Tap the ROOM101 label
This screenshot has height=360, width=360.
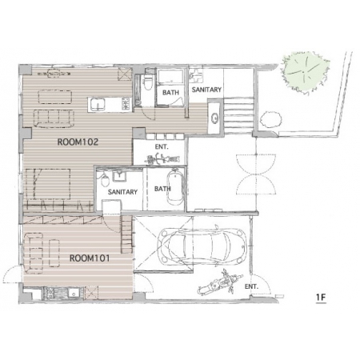click(90, 258)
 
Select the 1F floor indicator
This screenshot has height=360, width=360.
click(321, 297)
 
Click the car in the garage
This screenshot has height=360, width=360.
click(202, 246)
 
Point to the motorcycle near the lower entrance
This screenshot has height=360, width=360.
click(220, 284)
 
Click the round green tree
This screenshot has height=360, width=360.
click(306, 72)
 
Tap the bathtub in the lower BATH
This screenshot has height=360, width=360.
click(175, 189)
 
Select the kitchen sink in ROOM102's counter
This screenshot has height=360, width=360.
click(98, 105)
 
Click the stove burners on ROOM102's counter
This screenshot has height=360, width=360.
click(126, 103)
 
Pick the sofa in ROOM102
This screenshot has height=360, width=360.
click(54, 118)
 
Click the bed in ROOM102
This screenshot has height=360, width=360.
click(48, 183)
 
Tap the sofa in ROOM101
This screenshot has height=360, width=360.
click(34, 253)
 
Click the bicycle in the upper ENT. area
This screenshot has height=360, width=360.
click(162, 159)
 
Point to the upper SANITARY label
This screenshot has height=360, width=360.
click(206, 90)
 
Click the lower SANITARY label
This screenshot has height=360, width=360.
click(122, 192)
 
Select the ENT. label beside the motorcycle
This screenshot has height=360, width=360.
click(252, 286)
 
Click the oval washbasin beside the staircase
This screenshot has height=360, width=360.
click(214, 118)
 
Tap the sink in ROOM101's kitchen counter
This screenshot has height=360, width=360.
click(73, 293)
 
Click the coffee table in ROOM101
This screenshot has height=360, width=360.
click(54, 253)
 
